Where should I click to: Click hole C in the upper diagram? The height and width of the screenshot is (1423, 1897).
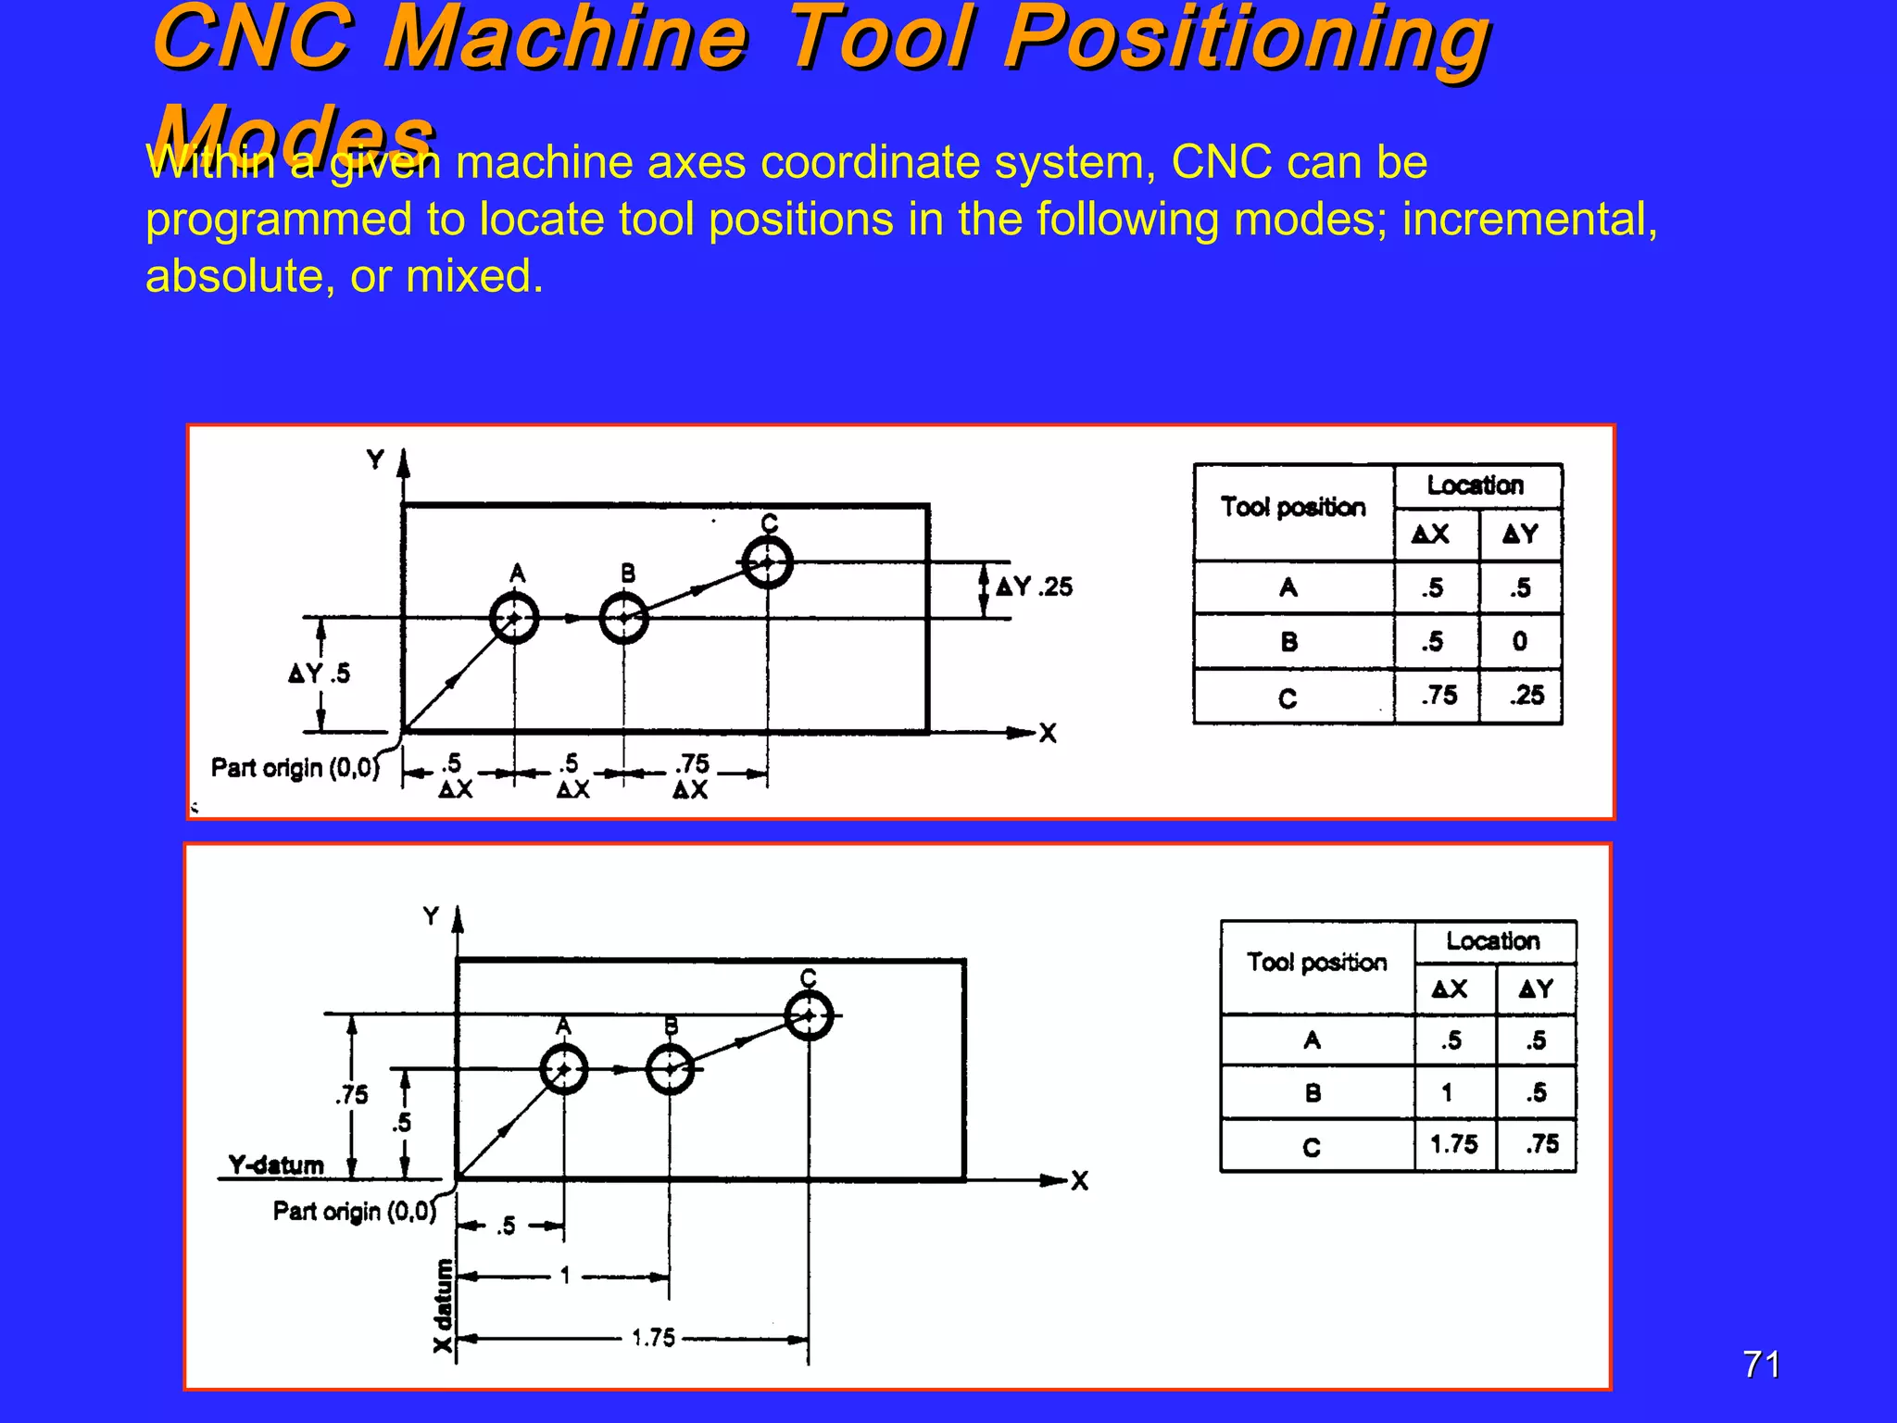tap(768, 562)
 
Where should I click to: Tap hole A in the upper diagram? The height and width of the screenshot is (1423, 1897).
tap(514, 618)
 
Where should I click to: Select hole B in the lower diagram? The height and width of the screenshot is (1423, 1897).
tap(671, 1070)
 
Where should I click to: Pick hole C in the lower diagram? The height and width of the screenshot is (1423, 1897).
tap(809, 1016)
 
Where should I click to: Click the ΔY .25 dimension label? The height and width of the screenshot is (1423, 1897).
tap(1034, 586)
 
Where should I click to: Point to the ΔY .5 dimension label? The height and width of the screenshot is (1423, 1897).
tap(320, 673)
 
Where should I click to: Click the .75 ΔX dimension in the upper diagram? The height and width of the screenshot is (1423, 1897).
tap(691, 776)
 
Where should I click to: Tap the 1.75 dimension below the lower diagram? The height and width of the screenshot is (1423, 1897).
tap(653, 1338)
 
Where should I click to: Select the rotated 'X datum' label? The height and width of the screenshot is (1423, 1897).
tap(444, 1305)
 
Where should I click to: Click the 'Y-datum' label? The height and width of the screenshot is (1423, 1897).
tap(276, 1165)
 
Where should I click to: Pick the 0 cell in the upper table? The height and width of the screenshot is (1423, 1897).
tap(1520, 641)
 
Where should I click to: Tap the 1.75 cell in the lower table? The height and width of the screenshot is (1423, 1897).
tap(1454, 1144)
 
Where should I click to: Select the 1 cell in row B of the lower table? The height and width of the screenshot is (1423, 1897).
tap(1447, 1093)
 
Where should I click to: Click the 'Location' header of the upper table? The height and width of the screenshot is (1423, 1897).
tap(1475, 485)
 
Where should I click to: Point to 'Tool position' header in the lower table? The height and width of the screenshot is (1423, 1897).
tap(1316, 963)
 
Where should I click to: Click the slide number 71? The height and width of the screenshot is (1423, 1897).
tap(1761, 1365)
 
